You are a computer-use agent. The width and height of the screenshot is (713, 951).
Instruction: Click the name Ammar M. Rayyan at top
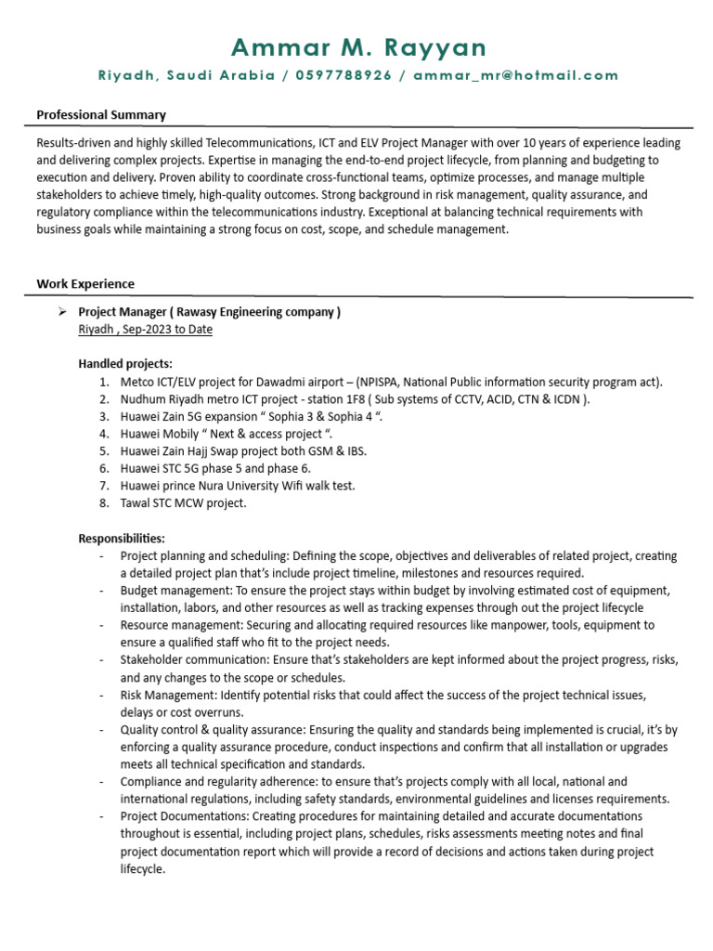[357, 47]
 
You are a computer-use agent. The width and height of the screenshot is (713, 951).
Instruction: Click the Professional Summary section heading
[101, 115]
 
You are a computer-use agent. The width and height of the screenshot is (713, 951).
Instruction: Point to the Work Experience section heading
[85, 284]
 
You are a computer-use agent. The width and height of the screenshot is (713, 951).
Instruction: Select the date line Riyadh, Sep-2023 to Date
[145, 330]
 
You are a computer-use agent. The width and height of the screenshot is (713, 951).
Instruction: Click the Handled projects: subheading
[125, 364]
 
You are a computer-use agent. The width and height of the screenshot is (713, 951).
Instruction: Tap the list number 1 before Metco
[104, 382]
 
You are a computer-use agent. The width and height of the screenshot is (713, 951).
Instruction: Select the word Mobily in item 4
[185, 434]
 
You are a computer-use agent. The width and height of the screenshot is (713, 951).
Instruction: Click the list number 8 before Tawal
[104, 503]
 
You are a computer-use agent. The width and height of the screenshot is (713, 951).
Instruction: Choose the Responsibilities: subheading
[122, 539]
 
